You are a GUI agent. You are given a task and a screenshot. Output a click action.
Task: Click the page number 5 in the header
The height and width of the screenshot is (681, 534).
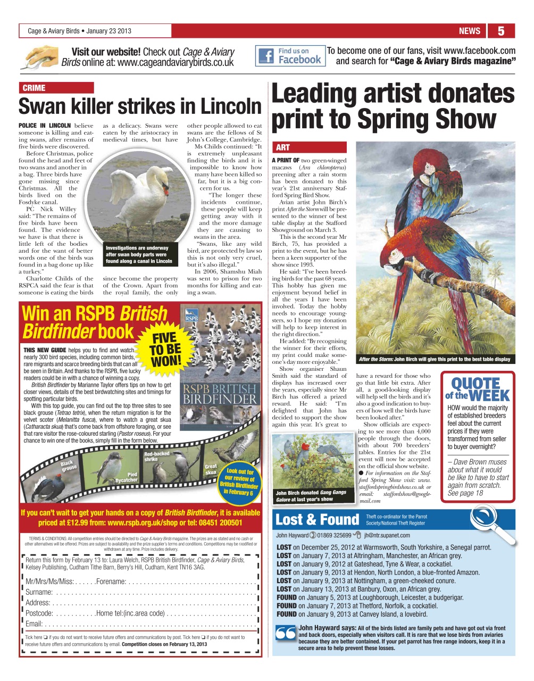[x=500, y=31]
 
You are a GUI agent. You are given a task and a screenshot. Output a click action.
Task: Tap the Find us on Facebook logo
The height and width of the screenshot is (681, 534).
[x=290, y=56]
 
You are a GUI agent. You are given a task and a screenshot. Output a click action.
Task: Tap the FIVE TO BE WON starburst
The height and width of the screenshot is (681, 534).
[x=164, y=349]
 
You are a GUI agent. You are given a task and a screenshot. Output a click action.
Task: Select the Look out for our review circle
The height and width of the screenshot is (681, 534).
[x=239, y=481]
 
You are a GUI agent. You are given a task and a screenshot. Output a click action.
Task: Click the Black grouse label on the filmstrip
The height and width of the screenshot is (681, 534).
[x=68, y=466]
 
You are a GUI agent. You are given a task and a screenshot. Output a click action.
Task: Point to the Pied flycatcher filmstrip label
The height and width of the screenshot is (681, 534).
[x=126, y=477]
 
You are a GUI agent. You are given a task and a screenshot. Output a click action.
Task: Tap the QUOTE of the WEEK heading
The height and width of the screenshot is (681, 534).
[x=477, y=389]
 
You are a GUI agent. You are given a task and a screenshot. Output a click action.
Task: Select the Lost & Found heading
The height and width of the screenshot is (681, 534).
[x=317, y=519]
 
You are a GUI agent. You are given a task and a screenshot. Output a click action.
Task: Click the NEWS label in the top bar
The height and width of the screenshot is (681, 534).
[x=469, y=31]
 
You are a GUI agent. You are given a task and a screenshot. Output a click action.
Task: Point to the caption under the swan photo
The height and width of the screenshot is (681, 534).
[x=139, y=255]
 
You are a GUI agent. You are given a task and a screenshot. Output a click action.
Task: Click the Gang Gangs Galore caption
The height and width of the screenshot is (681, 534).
[x=312, y=496]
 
